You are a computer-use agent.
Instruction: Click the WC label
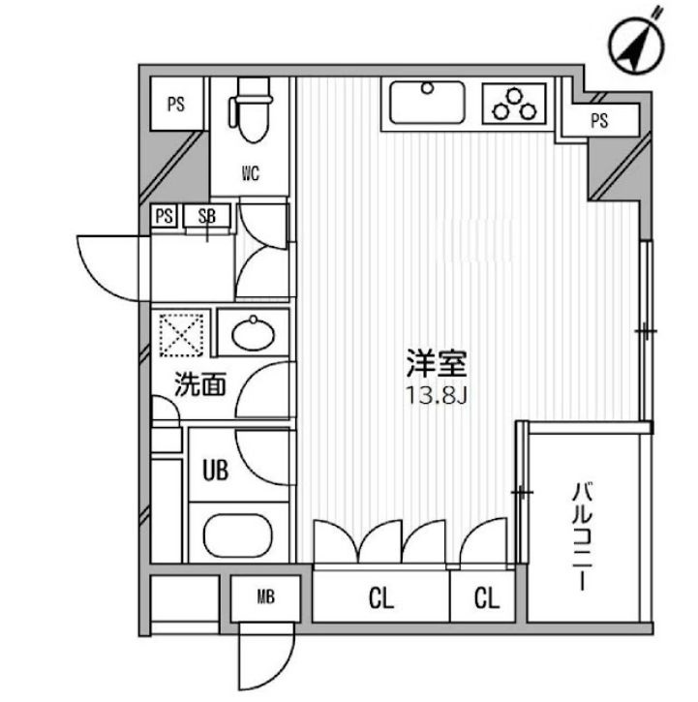tap(250, 174)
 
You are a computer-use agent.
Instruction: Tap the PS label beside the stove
tap(600, 121)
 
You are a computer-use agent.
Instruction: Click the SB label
tap(207, 217)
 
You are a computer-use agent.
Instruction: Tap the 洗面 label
tap(200, 384)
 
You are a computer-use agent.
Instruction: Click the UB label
tap(214, 472)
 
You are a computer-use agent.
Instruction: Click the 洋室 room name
tap(437, 364)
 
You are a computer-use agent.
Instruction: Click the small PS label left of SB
tap(166, 217)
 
